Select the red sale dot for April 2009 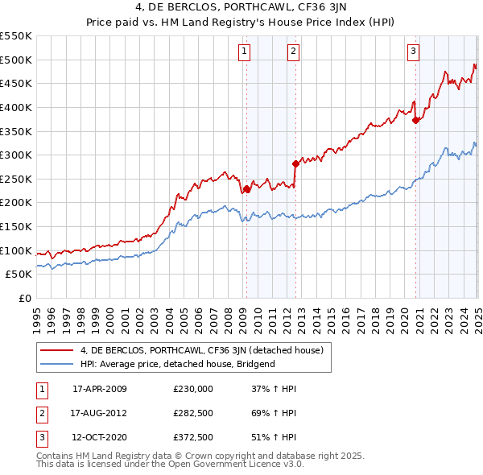click(247, 189)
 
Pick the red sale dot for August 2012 click(296, 164)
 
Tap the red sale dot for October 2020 click(416, 121)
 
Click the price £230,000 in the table click(192, 389)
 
